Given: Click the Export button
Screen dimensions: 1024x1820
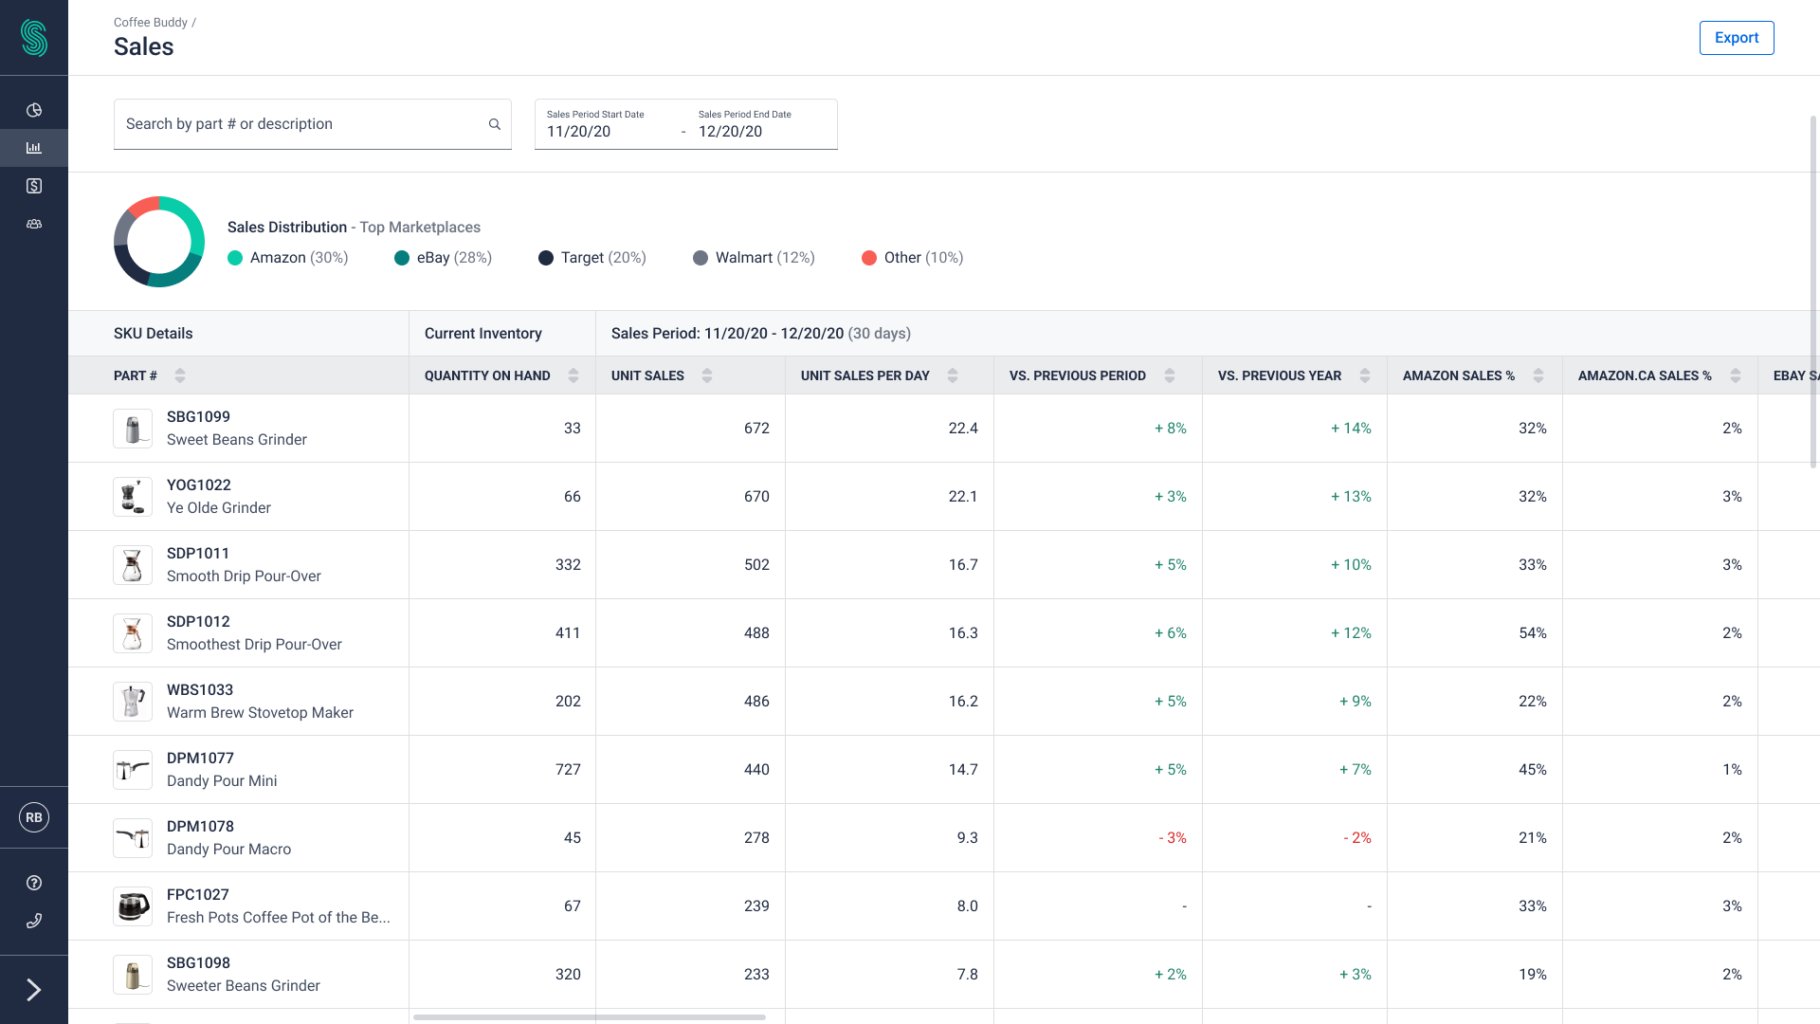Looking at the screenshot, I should coord(1736,38).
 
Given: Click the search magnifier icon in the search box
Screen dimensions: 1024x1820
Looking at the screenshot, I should coord(494,124).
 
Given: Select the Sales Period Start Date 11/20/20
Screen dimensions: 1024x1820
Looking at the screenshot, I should coord(578,132).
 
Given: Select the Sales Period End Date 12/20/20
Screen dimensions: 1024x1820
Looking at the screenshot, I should coord(730,132).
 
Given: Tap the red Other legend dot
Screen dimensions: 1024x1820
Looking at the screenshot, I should coord(868,258).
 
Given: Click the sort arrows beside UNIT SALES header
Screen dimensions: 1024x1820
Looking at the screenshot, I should coord(707,376).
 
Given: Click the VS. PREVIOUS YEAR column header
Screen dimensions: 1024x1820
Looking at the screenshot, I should coord(1279,376).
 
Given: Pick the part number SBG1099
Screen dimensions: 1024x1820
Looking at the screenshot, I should coord(198,417).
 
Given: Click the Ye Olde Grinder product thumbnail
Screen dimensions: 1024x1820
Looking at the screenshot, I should coord(133,497).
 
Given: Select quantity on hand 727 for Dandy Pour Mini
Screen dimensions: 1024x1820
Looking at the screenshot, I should coord(568,770).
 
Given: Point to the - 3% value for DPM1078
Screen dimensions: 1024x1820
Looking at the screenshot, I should coord(1173,838).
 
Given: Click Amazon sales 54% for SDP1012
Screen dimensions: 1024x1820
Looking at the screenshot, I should coord(1532,633).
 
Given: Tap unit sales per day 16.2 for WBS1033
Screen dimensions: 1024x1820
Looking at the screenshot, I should coord(963,702).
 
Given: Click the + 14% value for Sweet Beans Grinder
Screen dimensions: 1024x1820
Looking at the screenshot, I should coord(1351,429).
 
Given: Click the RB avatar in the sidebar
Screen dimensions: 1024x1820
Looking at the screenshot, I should coord(34,817).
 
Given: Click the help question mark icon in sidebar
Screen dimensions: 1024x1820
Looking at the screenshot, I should coord(34,883).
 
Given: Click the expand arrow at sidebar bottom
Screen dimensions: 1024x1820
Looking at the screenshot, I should coord(34,990).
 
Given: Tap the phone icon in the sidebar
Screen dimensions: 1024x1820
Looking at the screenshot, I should coord(34,921).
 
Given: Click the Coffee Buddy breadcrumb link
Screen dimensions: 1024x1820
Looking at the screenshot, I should coord(150,23).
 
